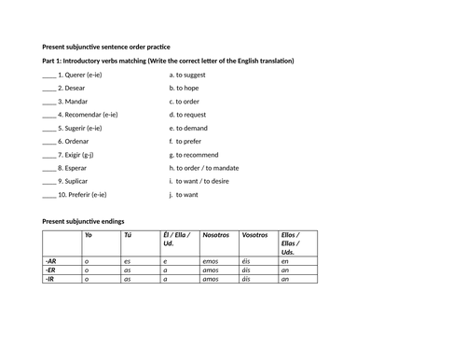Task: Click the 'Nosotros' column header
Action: click(x=215, y=236)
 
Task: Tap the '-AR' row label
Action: click(x=50, y=262)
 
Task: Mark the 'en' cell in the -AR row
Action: click(x=285, y=262)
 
